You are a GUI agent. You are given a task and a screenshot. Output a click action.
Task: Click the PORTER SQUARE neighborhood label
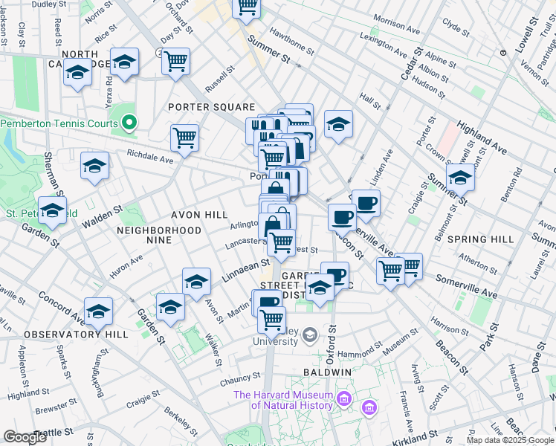click(x=211, y=107)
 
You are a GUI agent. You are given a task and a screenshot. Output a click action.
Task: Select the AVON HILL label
click(x=199, y=215)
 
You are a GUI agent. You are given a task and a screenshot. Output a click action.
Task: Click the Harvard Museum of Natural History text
click(x=284, y=400)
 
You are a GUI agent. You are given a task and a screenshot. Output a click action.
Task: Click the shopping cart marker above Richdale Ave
click(x=184, y=137)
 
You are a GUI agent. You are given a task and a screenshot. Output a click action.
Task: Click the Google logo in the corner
click(x=25, y=437)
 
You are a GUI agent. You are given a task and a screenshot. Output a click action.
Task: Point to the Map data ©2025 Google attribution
click(x=511, y=440)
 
